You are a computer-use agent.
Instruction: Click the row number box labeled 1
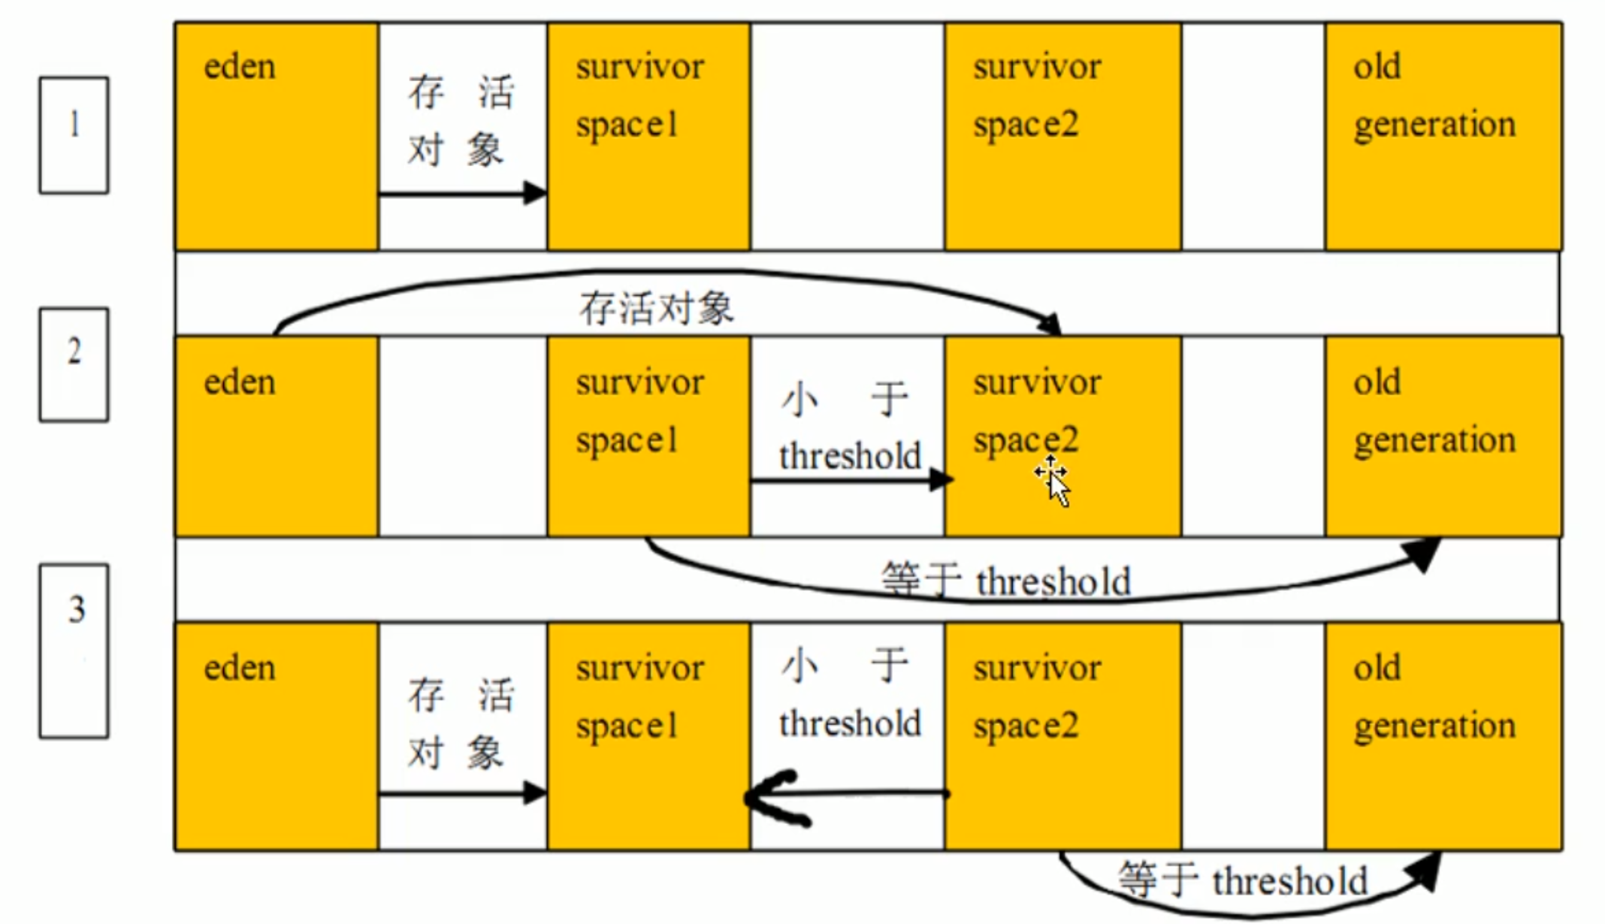(74, 135)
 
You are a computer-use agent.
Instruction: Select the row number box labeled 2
(74, 364)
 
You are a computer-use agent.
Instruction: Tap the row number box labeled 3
(74, 651)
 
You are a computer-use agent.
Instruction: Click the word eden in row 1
(240, 67)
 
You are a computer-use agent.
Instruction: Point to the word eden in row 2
(240, 382)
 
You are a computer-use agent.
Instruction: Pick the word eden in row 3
(240, 668)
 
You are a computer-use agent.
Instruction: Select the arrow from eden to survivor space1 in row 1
(462, 194)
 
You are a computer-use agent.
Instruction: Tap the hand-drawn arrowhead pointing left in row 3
(774, 798)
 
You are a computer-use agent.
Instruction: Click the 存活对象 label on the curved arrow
(656, 308)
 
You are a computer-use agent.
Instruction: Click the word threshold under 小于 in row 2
(850, 456)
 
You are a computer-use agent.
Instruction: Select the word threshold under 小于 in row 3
(850, 723)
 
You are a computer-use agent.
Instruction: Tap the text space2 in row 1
(1026, 125)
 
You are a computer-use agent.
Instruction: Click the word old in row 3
(1377, 668)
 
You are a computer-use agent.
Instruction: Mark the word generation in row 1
(1434, 125)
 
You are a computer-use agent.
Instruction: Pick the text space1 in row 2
(627, 440)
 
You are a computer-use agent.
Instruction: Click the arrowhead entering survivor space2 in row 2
(941, 479)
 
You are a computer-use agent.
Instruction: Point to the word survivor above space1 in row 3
(640, 668)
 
